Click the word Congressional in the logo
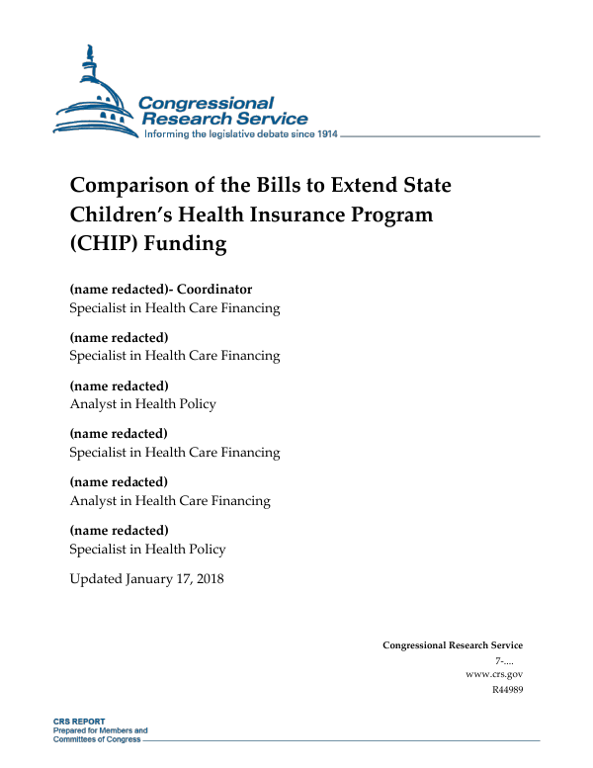pos(206,103)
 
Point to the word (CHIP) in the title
pos(104,243)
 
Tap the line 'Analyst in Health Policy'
pos(142,403)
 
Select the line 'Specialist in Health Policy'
pos(147,549)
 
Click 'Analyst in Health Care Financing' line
pos(169,500)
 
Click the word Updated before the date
pos(96,578)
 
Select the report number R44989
pos(506,689)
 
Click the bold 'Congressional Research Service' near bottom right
pos(453,645)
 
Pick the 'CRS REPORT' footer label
pos(79,722)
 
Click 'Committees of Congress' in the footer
pos(97,739)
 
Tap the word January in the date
pos(152,578)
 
